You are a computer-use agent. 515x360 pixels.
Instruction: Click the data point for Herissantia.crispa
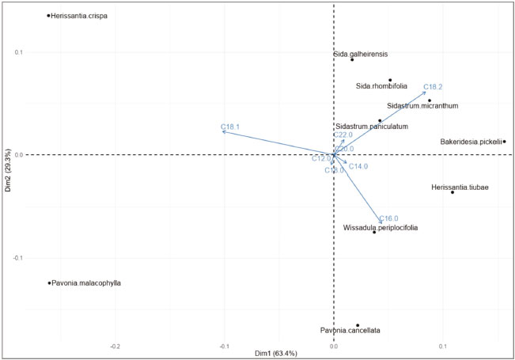tap(48, 15)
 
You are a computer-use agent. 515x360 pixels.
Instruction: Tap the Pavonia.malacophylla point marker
tap(49, 282)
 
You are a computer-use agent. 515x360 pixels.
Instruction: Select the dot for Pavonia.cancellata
tap(358, 325)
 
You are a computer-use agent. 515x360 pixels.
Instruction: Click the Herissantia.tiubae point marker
tap(453, 192)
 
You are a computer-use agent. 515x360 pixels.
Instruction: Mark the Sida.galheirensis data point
tap(352, 59)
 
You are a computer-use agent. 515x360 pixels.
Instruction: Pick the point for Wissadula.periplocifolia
tap(374, 232)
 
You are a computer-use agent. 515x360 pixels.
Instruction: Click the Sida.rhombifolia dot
tap(390, 80)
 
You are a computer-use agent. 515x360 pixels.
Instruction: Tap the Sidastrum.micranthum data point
tap(430, 100)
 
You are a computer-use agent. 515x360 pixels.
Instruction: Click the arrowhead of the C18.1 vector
tap(224, 132)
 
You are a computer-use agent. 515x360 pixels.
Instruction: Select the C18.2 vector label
tap(433, 87)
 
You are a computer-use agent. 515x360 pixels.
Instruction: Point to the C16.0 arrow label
tap(388, 218)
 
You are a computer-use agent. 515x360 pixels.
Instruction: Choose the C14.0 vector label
tap(358, 166)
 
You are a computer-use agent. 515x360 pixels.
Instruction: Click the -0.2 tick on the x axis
tap(115, 346)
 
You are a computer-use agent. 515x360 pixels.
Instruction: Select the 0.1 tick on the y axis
tap(17, 52)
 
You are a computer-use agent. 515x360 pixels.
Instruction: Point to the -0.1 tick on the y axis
tap(16, 258)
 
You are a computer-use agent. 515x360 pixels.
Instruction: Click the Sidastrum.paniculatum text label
tap(371, 126)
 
